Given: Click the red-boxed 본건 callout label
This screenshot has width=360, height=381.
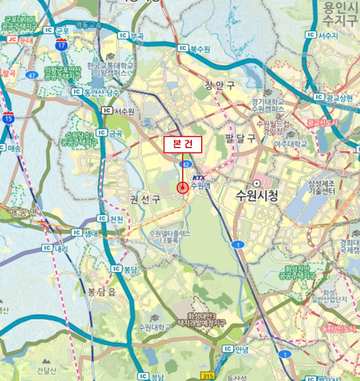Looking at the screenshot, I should click(x=183, y=144).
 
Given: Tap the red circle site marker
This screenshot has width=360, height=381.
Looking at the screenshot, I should click(x=182, y=188).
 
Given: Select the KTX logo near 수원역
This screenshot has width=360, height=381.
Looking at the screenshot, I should click(x=198, y=176).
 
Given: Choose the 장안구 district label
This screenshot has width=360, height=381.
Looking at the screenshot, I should click(x=220, y=85).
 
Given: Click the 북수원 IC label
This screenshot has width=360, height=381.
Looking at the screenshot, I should click(x=197, y=48).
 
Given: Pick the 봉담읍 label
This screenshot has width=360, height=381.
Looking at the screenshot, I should click(x=98, y=292).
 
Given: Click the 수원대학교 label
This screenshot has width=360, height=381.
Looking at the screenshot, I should click(x=154, y=327).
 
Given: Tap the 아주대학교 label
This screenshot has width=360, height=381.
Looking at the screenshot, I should click(x=290, y=144).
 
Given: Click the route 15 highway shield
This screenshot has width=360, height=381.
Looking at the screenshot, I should click(x=8, y=116).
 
